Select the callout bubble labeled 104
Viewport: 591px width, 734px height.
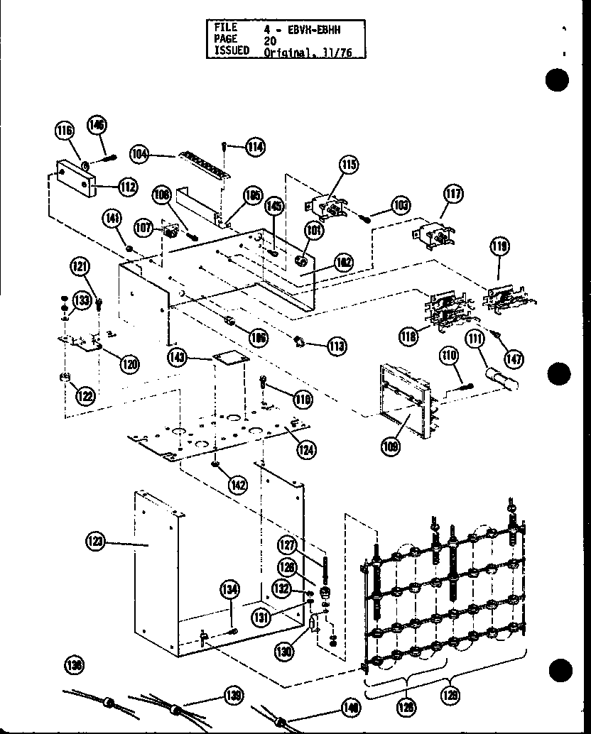coord(139,153)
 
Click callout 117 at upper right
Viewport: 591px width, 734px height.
coord(452,193)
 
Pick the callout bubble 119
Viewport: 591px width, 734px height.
coord(499,247)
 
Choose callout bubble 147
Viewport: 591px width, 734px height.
coord(514,358)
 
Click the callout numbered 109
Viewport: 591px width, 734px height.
coord(391,447)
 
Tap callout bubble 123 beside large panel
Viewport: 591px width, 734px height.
coord(96,542)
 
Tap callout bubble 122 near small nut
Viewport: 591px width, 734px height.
coord(86,395)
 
